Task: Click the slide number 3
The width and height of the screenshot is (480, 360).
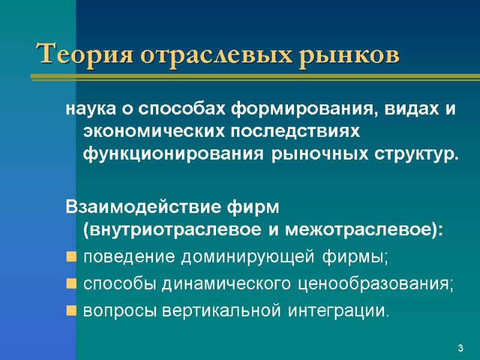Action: click(460, 349)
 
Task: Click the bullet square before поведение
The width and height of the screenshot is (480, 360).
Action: click(71, 258)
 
